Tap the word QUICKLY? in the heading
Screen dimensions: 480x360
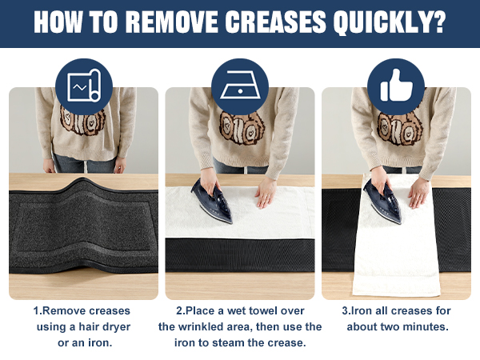[390, 22]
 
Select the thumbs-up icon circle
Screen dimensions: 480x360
[396, 86]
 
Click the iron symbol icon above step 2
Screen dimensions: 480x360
[240, 86]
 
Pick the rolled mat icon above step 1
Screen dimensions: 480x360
[84, 86]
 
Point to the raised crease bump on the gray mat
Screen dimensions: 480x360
[82, 184]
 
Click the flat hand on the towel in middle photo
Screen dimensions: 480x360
[266, 193]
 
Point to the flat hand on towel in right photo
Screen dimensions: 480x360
[419, 193]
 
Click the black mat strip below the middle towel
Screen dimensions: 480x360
[240, 254]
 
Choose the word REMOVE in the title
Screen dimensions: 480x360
[172, 22]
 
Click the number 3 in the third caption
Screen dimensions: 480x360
[345, 311]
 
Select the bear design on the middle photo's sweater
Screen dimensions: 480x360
[242, 127]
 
